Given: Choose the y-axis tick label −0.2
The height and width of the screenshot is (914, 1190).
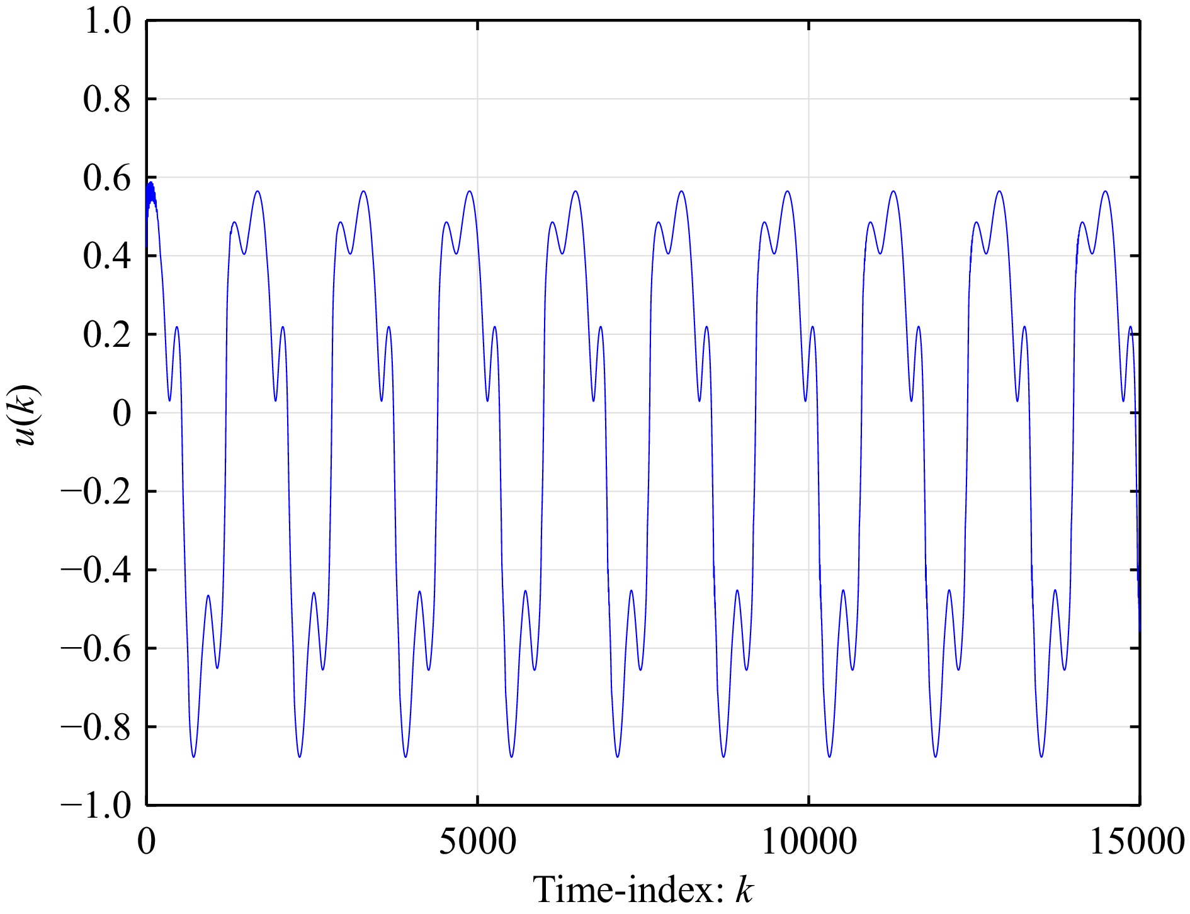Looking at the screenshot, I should click(x=95, y=492).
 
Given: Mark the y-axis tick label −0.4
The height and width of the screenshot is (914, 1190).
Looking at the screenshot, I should click(x=95, y=570).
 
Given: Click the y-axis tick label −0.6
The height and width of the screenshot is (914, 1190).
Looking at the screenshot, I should click(x=95, y=648).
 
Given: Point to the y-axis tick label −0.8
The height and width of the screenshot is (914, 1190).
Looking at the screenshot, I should click(x=95, y=727).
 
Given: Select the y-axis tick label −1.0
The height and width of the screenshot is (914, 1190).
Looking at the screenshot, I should click(x=95, y=805).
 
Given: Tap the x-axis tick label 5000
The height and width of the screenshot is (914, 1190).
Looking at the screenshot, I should click(x=477, y=842).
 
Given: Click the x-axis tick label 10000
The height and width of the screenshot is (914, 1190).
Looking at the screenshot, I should click(x=809, y=842).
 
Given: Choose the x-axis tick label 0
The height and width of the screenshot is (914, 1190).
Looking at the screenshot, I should click(x=147, y=842).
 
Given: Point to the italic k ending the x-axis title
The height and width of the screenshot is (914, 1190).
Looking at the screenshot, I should click(x=744, y=890).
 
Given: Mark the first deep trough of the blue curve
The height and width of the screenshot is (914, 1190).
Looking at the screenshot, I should click(x=193, y=755).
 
